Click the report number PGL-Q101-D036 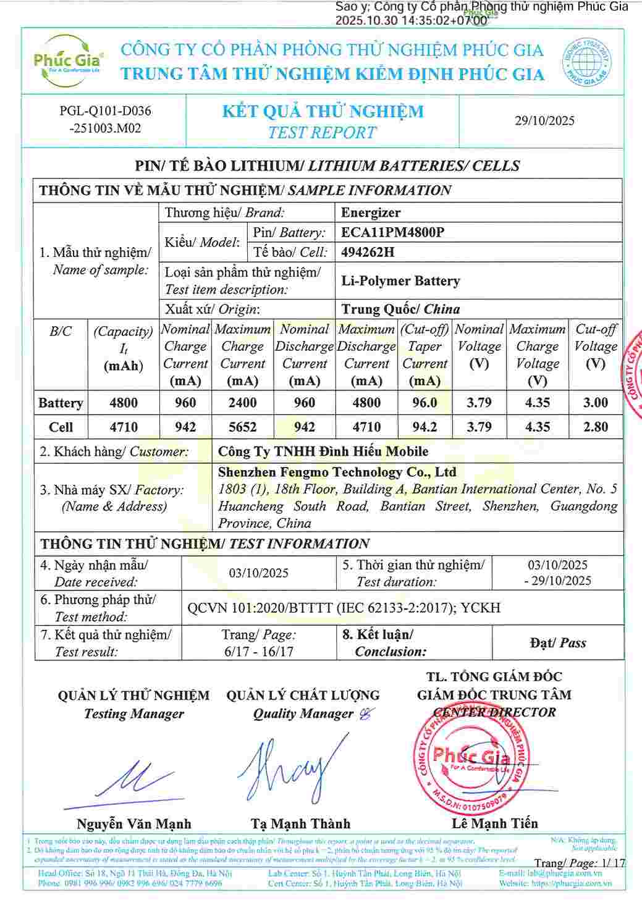point(105,111)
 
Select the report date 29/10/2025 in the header point(544,120)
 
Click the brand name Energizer point(371,212)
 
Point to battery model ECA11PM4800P point(393,232)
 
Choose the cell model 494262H point(368,252)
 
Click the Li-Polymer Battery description point(400,281)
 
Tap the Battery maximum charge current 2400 point(242,403)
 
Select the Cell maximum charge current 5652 point(242,427)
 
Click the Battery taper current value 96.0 point(424,403)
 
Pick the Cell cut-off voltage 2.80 point(595,427)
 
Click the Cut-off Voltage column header point(595,346)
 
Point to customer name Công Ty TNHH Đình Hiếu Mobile point(323,451)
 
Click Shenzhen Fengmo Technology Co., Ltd point(337,472)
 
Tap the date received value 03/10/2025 point(258,573)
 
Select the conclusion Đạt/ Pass point(557,643)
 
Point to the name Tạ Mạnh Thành point(300,824)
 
